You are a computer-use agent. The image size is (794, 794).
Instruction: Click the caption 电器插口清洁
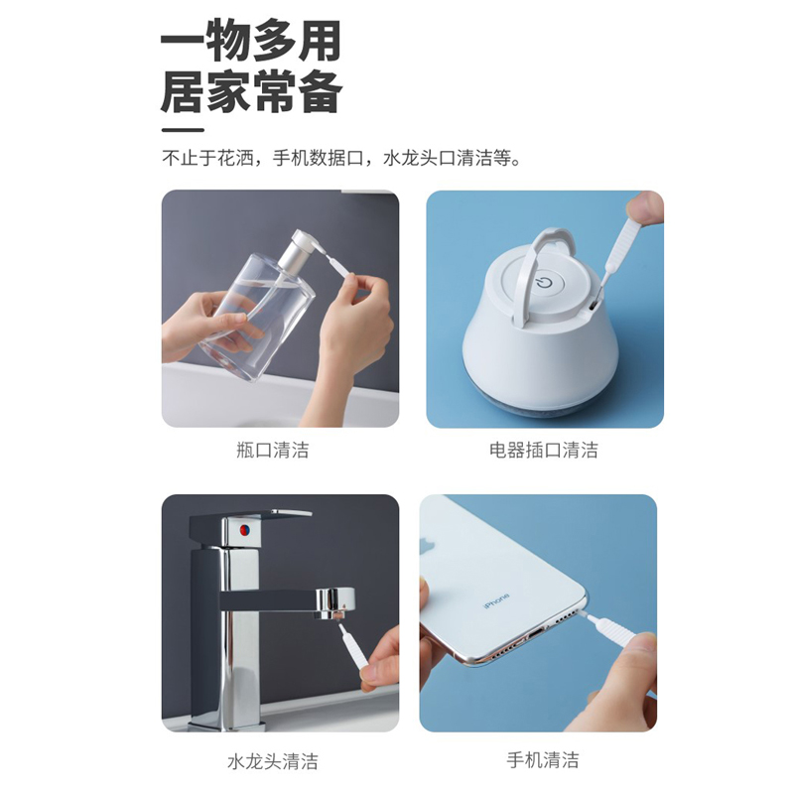544,451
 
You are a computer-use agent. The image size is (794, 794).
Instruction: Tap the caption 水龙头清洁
273,762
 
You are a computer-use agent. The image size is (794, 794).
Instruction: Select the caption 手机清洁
543,760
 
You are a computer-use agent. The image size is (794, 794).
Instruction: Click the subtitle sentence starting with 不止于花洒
341,158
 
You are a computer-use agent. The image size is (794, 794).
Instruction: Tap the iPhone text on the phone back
496,601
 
